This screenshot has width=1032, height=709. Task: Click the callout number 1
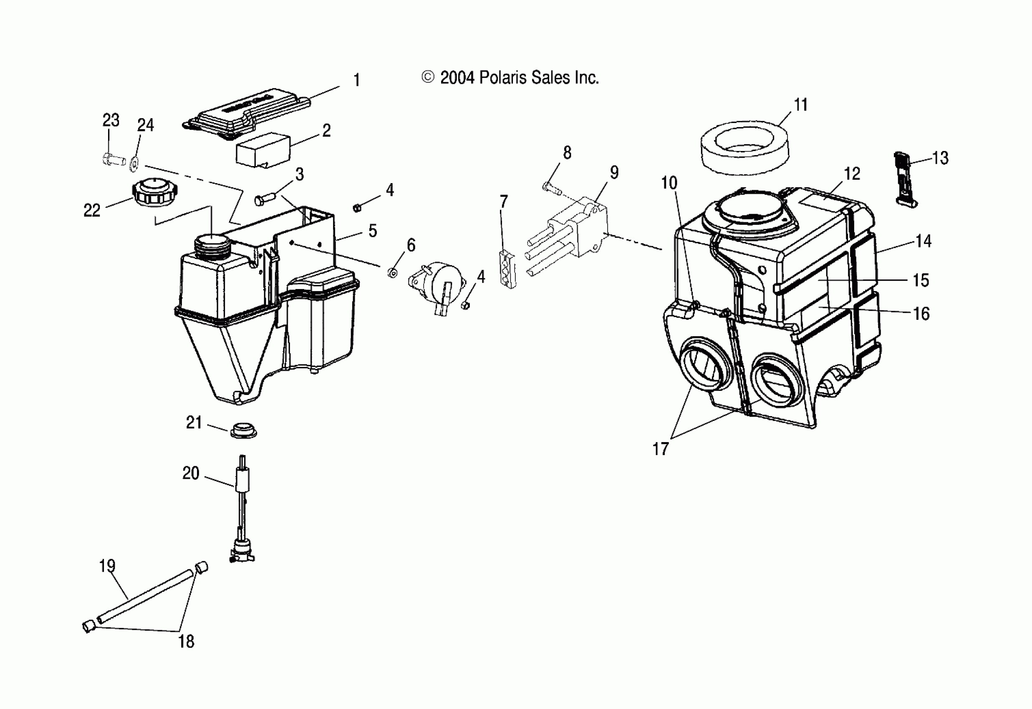356,80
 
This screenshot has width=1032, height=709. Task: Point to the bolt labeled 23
114,158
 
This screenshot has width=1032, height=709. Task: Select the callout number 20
191,473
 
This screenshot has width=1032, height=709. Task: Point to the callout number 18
186,641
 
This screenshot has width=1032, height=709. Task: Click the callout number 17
661,449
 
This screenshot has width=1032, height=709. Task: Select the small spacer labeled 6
392,272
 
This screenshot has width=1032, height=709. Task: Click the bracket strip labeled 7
507,270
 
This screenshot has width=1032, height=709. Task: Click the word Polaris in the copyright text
503,78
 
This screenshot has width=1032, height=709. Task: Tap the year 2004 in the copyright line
457,78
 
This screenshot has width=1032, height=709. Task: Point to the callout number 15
921,281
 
